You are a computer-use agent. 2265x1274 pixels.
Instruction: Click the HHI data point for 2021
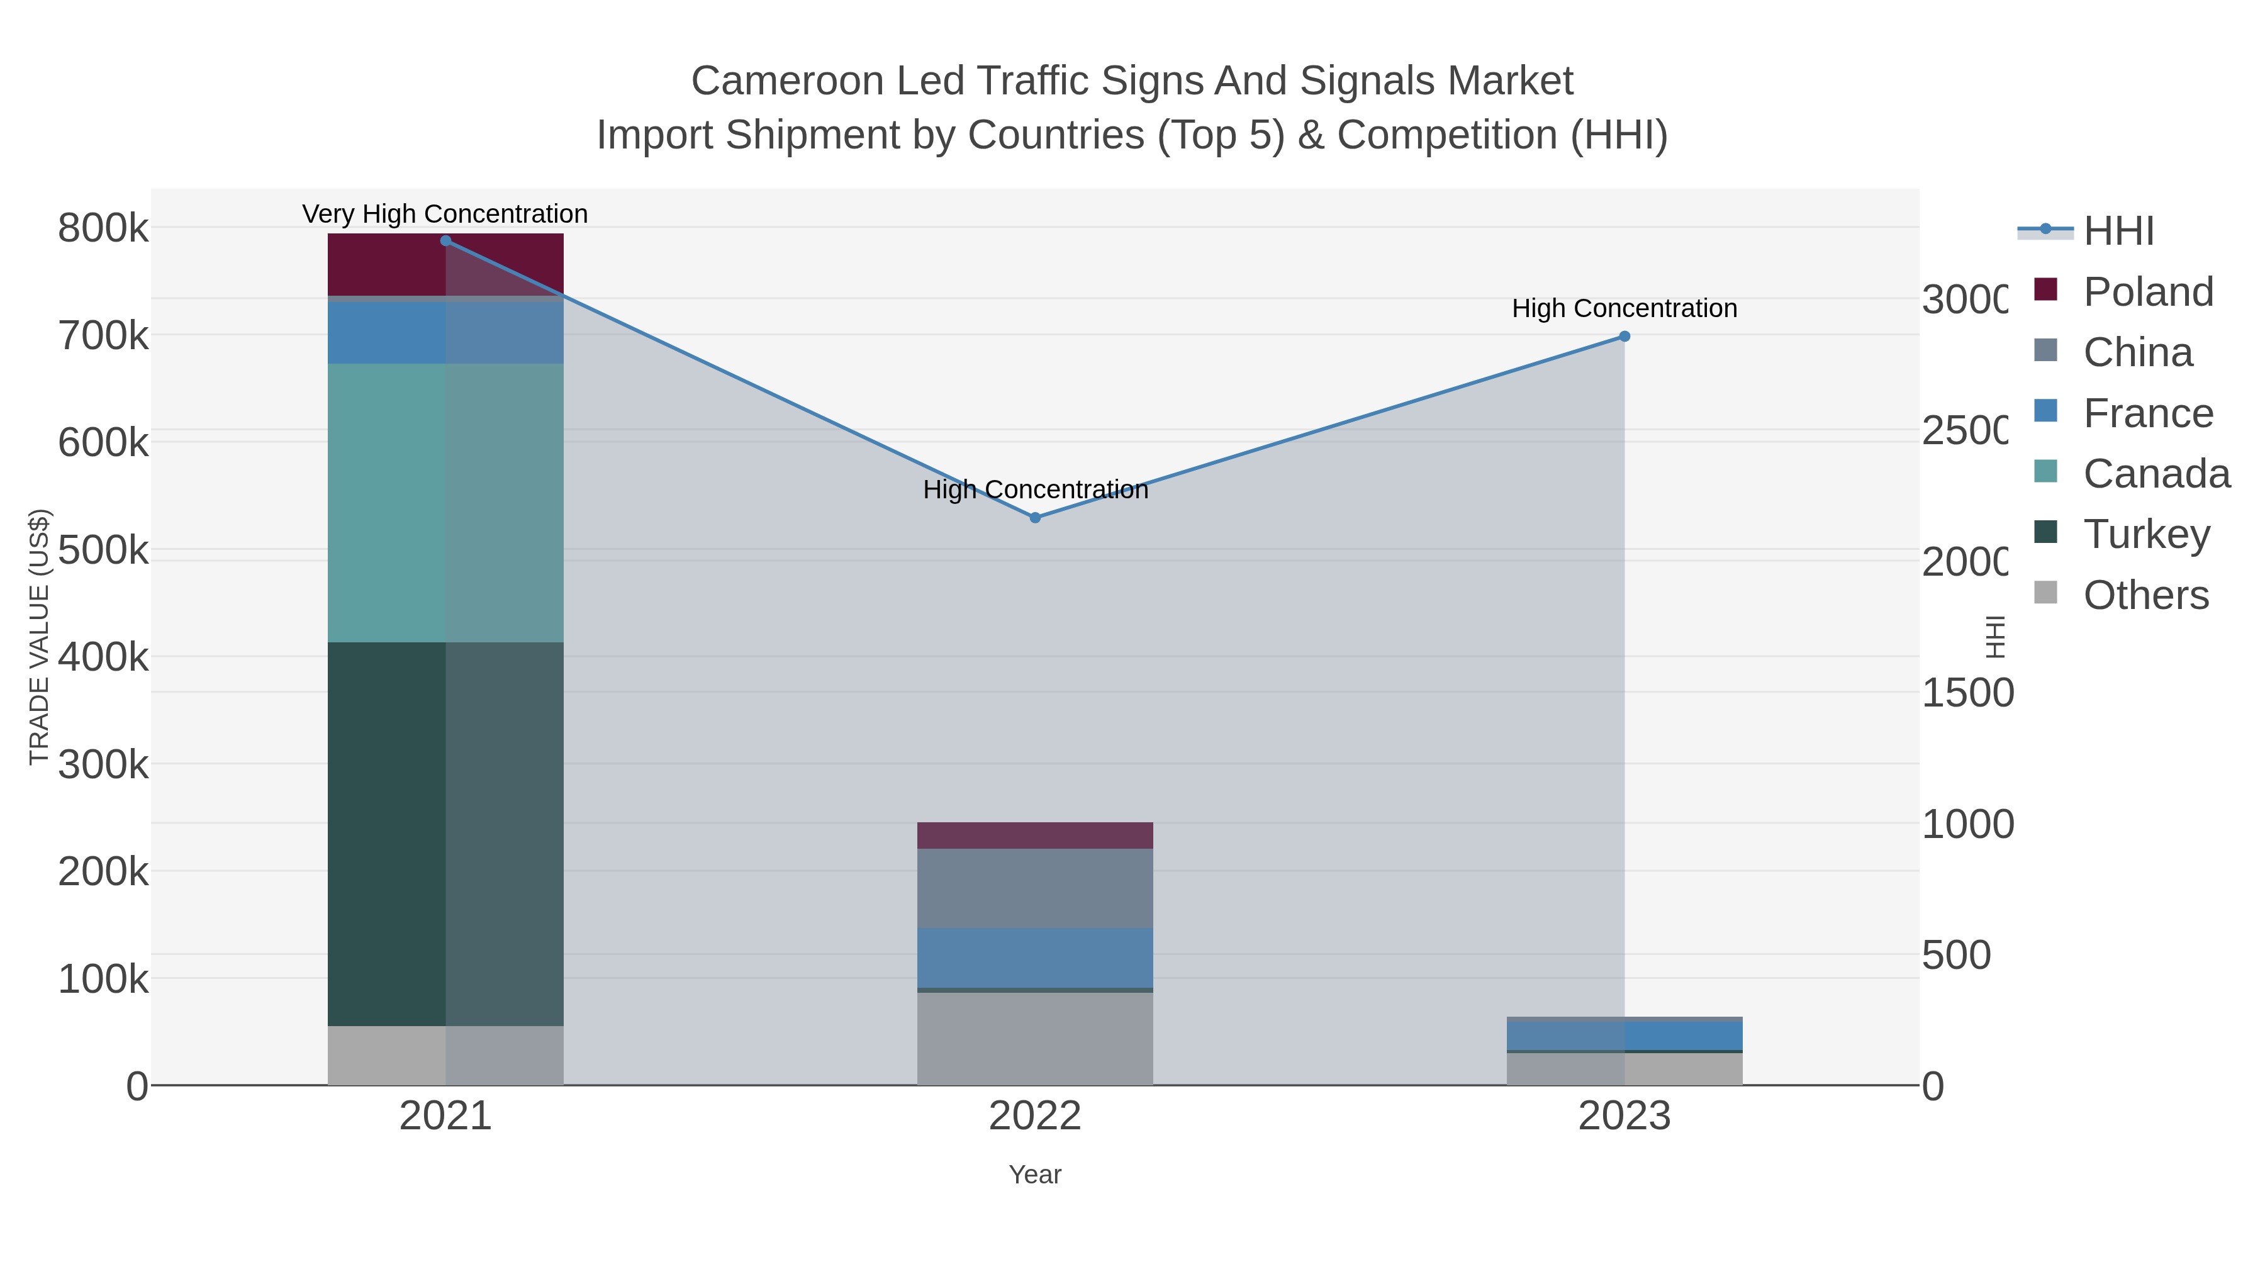[446, 241]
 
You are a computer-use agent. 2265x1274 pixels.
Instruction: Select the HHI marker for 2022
[1035, 518]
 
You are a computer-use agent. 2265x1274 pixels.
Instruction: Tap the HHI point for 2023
[1624, 337]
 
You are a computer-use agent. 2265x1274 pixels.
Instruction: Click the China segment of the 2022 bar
[1035, 888]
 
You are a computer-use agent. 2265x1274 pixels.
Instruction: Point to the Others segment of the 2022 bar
[1035, 1038]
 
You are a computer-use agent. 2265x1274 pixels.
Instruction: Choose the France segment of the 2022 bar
[1035, 958]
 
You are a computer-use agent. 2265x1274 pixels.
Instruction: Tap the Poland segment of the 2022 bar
[1035, 835]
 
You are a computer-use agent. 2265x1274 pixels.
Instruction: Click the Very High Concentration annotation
[445, 215]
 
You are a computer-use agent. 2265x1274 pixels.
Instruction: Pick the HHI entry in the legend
[2117, 232]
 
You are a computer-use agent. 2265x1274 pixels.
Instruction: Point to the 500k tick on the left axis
[103, 550]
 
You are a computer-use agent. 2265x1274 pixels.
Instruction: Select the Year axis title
[1035, 1175]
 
